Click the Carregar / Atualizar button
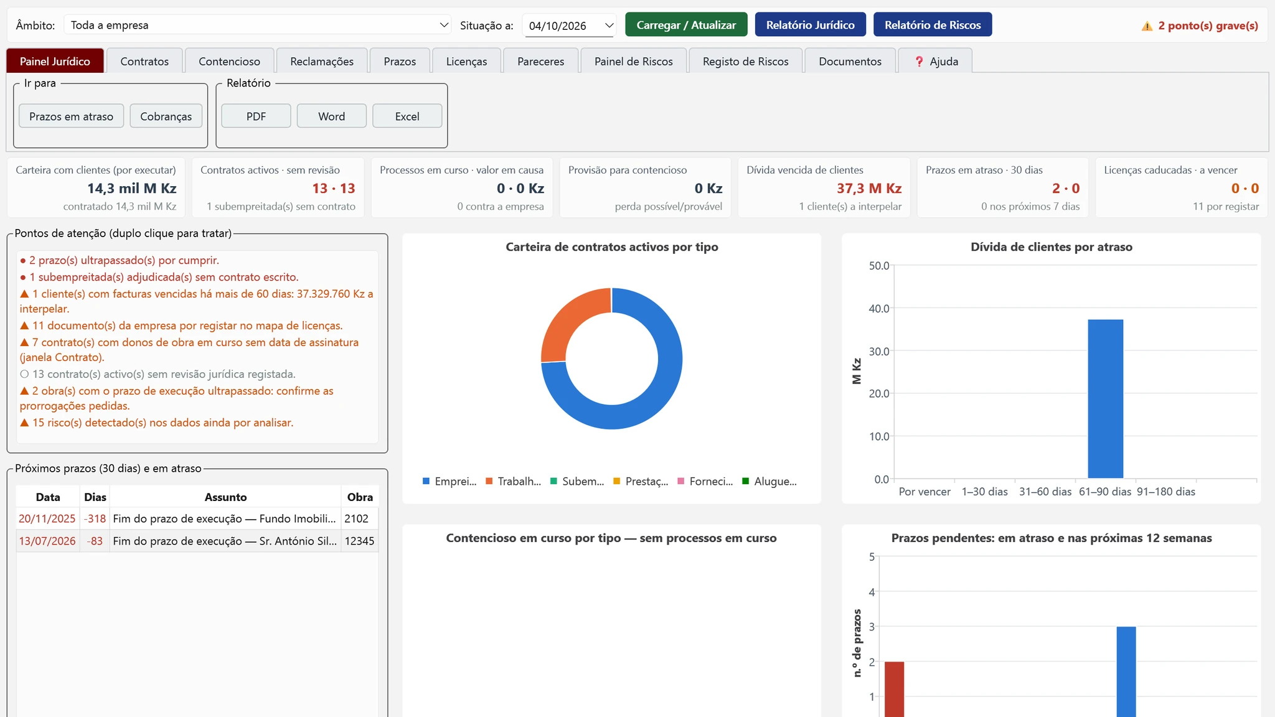coord(686,25)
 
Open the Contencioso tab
coord(229,61)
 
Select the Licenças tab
coord(466,61)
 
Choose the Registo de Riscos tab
coord(745,61)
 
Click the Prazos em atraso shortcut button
coord(72,116)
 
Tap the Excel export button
coord(407,116)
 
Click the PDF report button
coord(256,116)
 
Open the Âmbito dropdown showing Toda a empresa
coord(258,25)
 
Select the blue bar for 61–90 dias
coord(1106,399)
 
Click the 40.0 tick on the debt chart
coord(879,309)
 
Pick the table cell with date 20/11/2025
coord(47,518)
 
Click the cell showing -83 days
coord(95,541)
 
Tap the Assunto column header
coord(225,497)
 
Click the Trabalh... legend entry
coord(514,481)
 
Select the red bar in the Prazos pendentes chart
coord(895,690)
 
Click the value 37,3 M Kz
coord(869,188)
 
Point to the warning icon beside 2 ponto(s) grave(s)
coord(1147,26)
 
